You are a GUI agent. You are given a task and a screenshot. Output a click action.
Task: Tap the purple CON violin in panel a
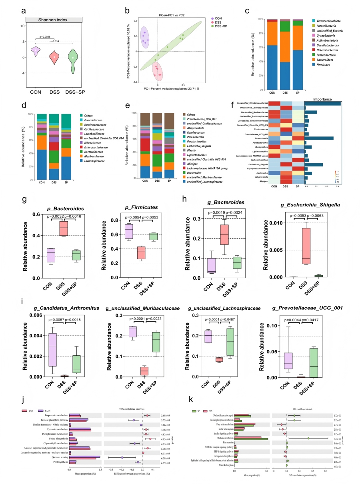tap(36, 51)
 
